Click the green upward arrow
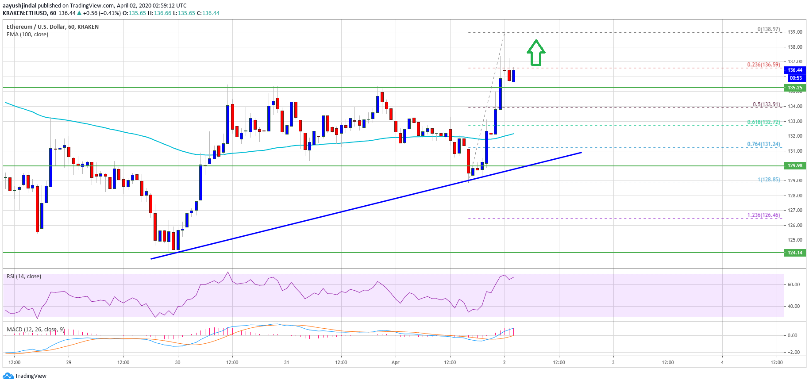tap(536, 53)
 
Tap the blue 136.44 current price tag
tap(795, 70)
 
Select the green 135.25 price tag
tap(795, 88)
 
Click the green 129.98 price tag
tap(795, 165)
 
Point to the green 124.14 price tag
tap(795, 253)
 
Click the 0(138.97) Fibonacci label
tap(768, 29)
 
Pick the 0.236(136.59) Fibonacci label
tap(763, 65)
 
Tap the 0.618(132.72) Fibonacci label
tap(763, 122)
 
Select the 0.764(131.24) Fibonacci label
tap(763, 144)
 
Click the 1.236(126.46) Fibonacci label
tap(763, 215)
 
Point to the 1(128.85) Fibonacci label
tap(769, 180)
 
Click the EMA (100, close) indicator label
tap(27, 35)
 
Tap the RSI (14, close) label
tap(24, 276)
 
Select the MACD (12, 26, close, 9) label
tap(35, 330)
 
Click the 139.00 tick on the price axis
tap(795, 32)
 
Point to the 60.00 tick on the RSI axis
tap(794, 284)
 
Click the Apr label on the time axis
tap(395, 362)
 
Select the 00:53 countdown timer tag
tap(795, 78)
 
